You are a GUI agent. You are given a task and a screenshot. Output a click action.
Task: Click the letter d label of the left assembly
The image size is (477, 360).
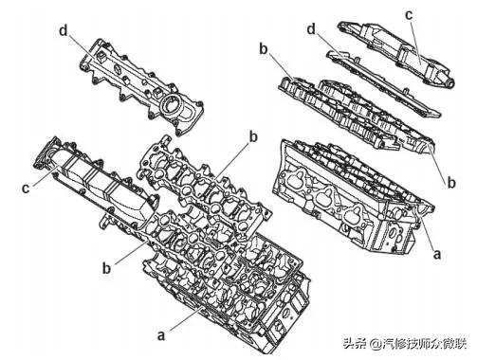coord(64,31)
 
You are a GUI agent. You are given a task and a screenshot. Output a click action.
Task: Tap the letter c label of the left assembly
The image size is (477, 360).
coord(26,189)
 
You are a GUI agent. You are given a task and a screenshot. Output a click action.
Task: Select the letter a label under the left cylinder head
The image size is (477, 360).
coord(161,335)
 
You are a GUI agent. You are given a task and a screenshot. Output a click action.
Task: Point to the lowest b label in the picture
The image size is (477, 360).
coord(107,268)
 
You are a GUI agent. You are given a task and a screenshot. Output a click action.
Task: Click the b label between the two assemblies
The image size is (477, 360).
coord(253,137)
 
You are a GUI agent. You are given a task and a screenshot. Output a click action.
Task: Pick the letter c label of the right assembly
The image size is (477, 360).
coord(409,14)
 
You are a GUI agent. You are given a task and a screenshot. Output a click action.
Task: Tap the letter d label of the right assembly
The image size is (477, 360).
coord(312,29)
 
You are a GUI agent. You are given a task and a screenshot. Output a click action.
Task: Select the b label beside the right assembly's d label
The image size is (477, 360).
coord(264,49)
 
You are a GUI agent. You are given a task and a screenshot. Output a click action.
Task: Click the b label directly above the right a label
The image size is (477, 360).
coord(451,182)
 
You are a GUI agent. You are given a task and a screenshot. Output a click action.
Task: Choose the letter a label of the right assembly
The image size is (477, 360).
coord(437,254)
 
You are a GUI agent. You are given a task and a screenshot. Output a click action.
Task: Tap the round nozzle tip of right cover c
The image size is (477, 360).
coord(449,82)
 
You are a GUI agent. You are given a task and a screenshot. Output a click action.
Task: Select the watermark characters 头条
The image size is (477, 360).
coord(356,343)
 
